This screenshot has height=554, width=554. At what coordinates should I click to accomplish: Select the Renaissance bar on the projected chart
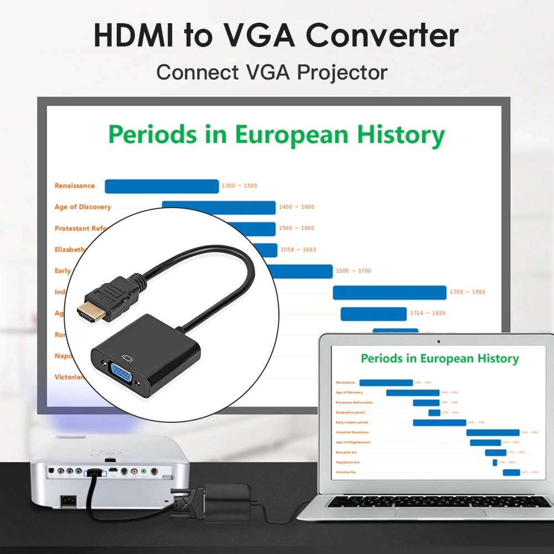point(162,187)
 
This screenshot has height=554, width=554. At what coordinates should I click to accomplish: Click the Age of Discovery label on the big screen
point(82,207)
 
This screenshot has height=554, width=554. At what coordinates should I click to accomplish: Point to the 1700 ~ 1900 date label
point(468,292)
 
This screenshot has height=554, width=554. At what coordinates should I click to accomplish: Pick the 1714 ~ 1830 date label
point(427,313)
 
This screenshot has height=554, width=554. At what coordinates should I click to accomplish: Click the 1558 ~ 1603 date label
point(298,250)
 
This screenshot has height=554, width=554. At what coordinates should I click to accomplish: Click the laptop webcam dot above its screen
point(439,341)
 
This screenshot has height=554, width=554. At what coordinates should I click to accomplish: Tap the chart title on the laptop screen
point(439,359)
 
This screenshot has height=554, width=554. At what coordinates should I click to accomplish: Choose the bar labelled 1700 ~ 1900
point(390,292)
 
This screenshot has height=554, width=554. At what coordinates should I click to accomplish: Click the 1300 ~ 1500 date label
point(239,186)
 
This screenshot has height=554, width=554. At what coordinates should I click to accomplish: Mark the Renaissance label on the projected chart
point(75,186)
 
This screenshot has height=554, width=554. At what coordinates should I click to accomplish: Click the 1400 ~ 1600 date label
point(296,207)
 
